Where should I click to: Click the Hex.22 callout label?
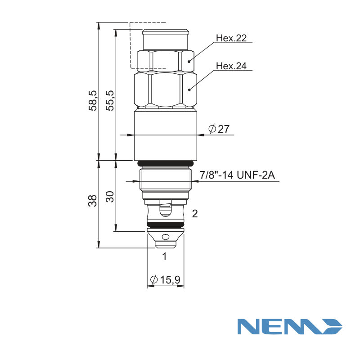(x=231, y=38)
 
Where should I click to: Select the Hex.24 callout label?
(x=231, y=66)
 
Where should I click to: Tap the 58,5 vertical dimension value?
(x=93, y=101)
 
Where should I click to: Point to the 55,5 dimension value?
(x=110, y=101)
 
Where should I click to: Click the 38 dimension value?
(x=93, y=201)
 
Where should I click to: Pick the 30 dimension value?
(x=110, y=197)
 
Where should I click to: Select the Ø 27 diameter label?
(x=219, y=129)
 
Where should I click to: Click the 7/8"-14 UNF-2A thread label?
(x=237, y=175)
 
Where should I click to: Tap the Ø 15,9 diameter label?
(x=165, y=279)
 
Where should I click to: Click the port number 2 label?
(x=195, y=214)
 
